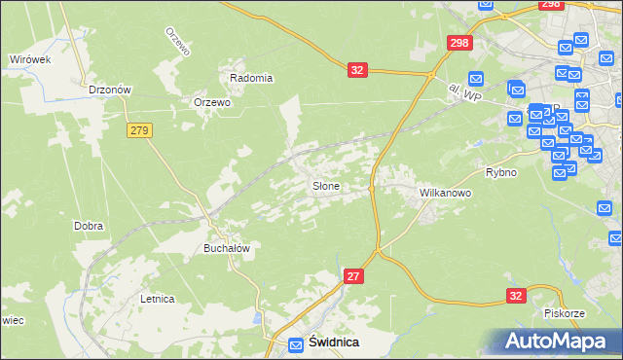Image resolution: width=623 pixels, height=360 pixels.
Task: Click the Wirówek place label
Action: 30,59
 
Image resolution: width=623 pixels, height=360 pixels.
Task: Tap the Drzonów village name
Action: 109,89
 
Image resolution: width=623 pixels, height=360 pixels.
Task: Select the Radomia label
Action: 251,78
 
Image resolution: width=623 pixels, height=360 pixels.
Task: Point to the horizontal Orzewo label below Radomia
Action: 211,102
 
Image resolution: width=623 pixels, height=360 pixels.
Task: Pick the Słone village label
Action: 325,185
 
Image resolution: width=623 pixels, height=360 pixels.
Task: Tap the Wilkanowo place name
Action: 445,193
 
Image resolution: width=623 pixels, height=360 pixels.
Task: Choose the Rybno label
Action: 501,172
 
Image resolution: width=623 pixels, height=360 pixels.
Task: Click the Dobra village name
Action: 89,226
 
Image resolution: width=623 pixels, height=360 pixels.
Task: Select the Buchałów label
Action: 227,248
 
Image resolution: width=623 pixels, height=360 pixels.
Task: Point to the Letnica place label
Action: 157,299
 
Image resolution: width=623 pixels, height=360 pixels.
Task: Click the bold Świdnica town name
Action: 334,342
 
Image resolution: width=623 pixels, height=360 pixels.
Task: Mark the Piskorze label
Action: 564,312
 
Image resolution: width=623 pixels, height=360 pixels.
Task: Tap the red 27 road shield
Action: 354,277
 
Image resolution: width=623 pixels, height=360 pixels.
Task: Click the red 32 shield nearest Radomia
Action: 358,70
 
